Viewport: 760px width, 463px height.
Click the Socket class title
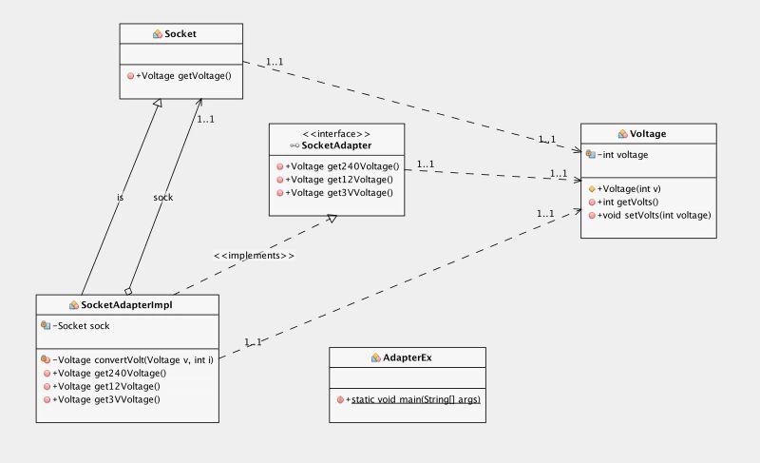(180, 33)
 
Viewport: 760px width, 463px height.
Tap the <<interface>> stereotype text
(335, 133)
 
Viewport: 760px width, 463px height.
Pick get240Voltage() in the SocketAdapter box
(339, 166)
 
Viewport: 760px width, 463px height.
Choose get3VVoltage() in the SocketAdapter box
(339, 193)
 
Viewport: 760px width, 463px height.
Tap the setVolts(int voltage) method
(654, 215)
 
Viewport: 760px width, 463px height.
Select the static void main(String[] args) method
(415, 399)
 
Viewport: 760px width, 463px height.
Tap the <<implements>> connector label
(254, 256)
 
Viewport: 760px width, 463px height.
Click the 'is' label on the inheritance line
(120, 198)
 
